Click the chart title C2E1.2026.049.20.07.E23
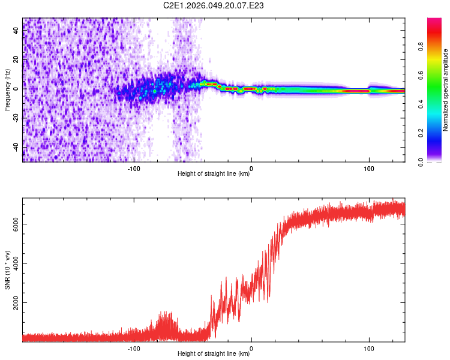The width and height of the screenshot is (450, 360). (214, 5)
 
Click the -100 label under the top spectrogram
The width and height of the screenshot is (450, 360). (134, 167)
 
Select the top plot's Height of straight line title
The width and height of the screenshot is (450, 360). (214, 174)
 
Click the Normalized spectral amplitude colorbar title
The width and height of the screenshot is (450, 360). (446, 90)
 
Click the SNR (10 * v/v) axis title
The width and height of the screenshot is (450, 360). (7, 271)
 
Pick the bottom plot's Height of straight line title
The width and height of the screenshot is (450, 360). (214, 354)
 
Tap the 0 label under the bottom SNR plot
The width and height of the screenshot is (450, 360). (251, 347)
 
